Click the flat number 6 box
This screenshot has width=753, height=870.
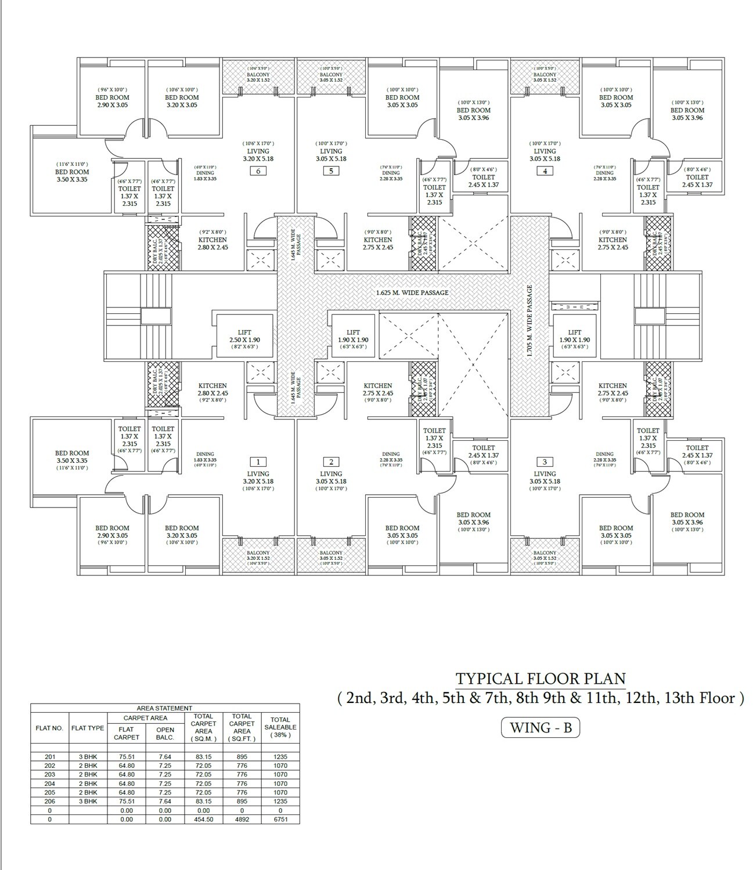tap(258, 171)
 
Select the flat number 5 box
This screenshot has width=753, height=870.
tap(331, 171)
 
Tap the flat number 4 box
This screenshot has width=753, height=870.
tap(545, 171)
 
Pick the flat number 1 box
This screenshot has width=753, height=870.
tap(258, 462)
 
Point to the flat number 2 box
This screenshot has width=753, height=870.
tap(331, 462)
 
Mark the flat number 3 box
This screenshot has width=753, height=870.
tap(545, 462)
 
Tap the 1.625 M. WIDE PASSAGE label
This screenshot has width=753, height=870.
tap(412, 293)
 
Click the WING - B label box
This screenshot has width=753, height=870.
tap(540, 728)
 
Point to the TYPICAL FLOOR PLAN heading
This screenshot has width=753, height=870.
tap(541, 679)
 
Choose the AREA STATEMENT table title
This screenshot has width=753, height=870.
tap(164, 708)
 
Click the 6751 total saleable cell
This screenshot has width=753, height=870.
tap(280, 820)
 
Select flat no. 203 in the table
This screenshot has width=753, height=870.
tap(49, 774)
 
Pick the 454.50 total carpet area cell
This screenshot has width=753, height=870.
tap(203, 820)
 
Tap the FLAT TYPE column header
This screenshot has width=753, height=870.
tap(88, 728)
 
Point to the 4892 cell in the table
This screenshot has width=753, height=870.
tap(242, 820)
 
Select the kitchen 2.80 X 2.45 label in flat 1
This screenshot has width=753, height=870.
tap(212, 393)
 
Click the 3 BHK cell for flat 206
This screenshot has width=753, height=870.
tap(88, 801)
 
